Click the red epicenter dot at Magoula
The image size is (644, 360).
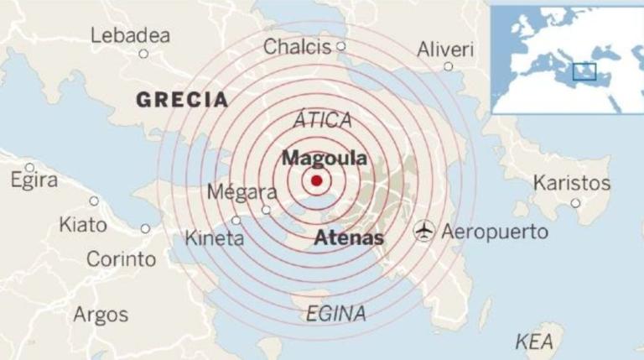(x=316, y=181)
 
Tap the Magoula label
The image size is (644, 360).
(x=324, y=158)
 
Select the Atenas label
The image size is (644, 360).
(x=349, y=238)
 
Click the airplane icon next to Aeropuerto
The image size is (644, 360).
(x=424, y=230)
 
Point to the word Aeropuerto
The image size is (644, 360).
(x=495, y=231)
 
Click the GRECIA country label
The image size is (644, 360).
(x=182, y=100)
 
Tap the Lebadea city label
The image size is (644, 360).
(x=130, y=35)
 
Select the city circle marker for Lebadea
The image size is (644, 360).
(x=143, y=54)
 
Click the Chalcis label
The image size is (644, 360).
(x=297, y=47)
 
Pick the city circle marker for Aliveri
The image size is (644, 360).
(x=448, y=66)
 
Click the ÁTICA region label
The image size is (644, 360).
(x=323, y=120)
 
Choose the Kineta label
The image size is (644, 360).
(x=214, y=238)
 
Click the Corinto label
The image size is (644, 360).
(x=121, y=259)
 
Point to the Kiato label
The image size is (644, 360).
(x=82, y=225)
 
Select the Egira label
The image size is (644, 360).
(x=34, y=180)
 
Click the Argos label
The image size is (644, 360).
(x=101, y=315)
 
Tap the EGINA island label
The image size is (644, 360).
(x=335, y=314)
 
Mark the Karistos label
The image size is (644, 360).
(x=572, y=182)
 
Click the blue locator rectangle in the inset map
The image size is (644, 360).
(x=584, y=71)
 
